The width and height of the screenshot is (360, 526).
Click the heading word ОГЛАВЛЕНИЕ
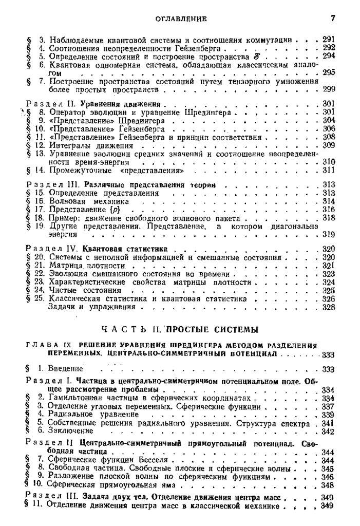(180, 20)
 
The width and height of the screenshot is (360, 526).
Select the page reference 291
(329, 39)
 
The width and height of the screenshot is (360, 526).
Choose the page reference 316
(329, 210)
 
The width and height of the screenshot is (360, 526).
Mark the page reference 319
(329, 234)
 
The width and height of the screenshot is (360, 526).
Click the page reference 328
(329, 307)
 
